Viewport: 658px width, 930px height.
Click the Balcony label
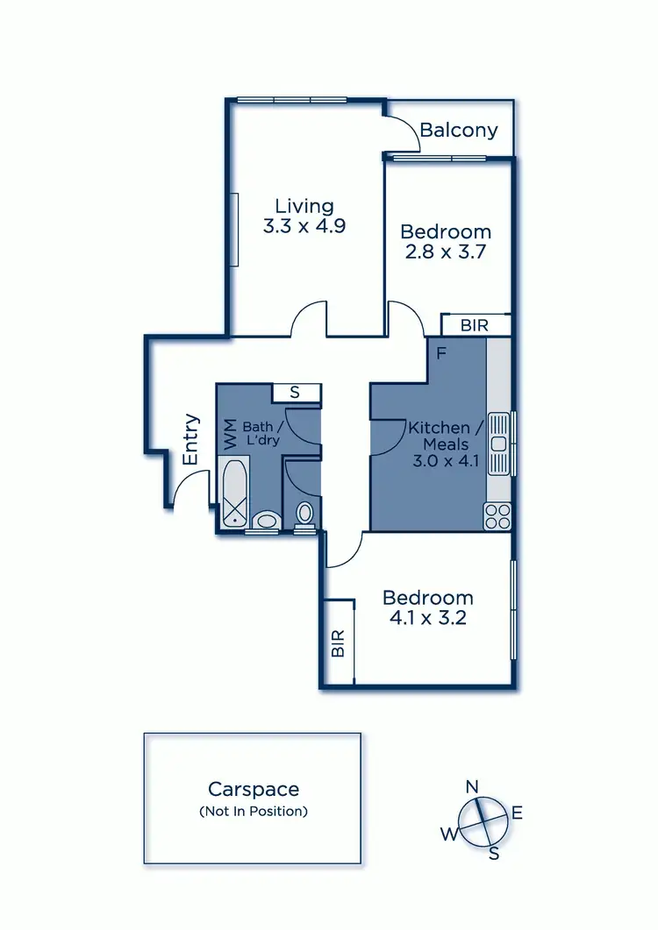tap(458, 131)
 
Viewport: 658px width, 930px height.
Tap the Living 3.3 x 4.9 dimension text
tap(304, 225)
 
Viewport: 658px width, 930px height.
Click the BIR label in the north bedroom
tap(475, 324)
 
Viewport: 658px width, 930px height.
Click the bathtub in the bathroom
tap(235, 495)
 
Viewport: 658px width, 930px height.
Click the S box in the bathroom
tap(295, 393)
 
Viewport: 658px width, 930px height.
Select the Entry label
tap(191, 439)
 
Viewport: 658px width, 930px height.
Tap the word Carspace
tap(254, 789)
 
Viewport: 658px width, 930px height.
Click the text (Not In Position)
tap(254, 811)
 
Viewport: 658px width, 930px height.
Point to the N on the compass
tap(471, 786)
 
